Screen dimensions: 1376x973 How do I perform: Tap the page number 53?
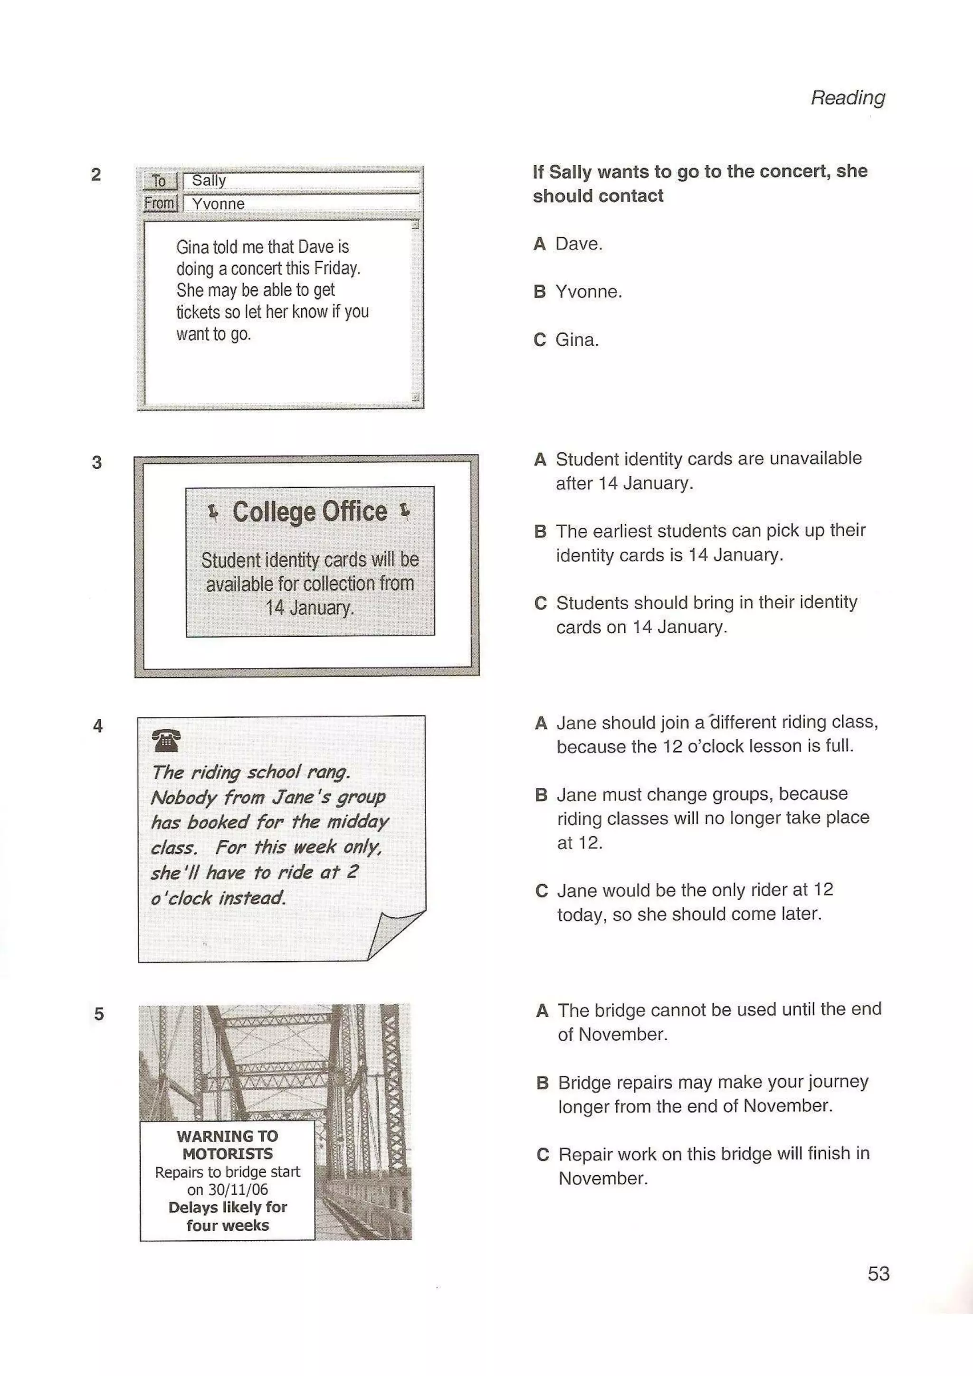878,1273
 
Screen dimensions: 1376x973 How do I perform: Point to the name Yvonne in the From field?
218,204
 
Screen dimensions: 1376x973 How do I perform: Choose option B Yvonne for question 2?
588,292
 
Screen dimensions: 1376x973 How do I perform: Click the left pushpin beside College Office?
213,512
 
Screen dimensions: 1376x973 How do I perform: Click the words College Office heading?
309,512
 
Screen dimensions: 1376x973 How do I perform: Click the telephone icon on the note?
166,741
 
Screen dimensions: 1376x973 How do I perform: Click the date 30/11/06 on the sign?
238,1189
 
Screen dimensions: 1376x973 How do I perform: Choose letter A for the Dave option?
540,244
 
